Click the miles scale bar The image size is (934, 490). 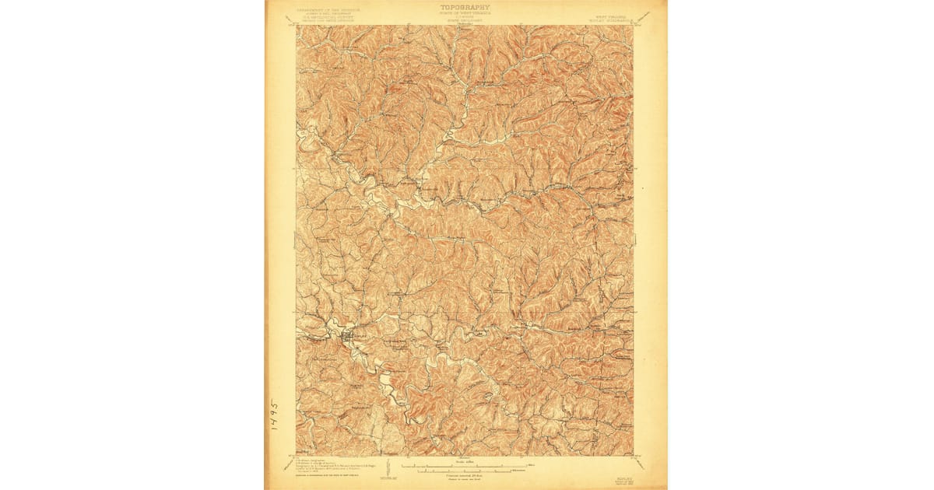pyautogui.click(x=465, y=466)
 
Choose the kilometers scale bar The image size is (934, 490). pyautogui.click(x=465, y=471)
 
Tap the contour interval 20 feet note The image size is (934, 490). pyautogui.click(x=465, y=476)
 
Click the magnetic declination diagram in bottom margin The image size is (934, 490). pyautogui.click(x=387, y=466)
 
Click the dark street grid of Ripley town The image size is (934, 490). pyautogui.click(x=346, y=336)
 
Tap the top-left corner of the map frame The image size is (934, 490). pyautogui.click(x=297, y=25)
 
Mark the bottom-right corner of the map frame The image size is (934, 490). pyautogui.click(x=634, y=456)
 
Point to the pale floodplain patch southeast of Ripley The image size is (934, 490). pyautogui.click(x=384, y=381)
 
